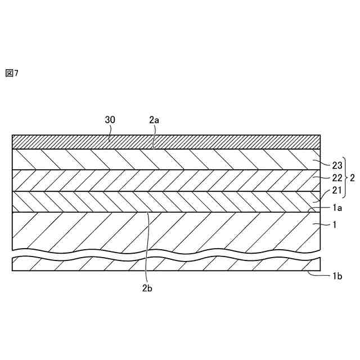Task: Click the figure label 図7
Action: pyautogui.click(x=12, y=73)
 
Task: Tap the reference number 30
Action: pyautogui.click(x=111, y=120)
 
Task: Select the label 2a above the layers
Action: pyautogui.click(x=155, y=120)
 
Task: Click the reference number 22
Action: pyautogui.click(x=336, y=178)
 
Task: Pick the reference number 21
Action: pyautogui.click(x=336, y=191)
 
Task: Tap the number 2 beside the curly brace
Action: pyautogui.click(x=353, y=178)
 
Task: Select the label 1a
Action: pyautogui.click(x=336, y=208)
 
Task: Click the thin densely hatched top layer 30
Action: pyautogui.click(x=225, y=141)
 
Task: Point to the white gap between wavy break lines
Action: pyautogui.click(x=169, y=254)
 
